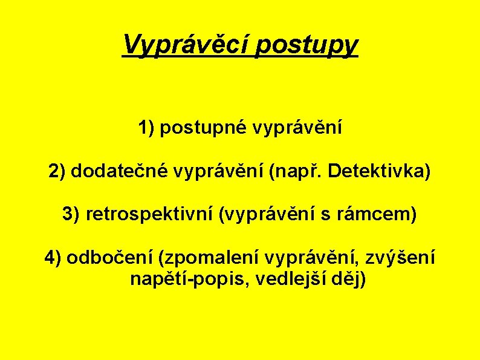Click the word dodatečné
coord(120,172)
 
